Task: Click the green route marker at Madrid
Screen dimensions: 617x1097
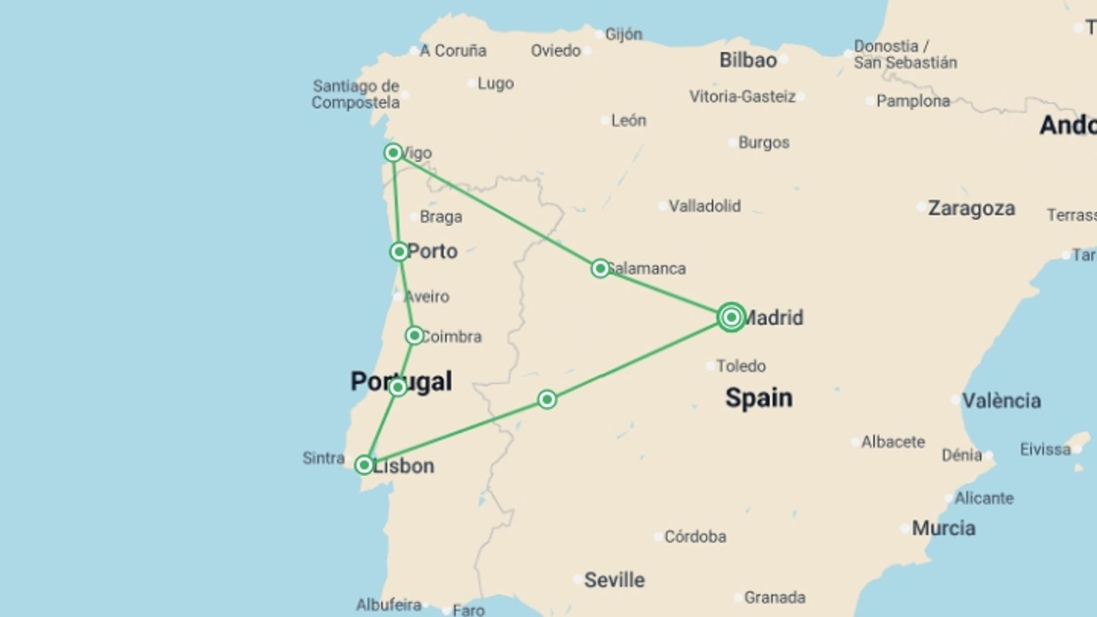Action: point(731,317)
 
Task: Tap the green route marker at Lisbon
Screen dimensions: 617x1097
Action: point(364,465)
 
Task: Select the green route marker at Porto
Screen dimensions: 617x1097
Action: point(399,251)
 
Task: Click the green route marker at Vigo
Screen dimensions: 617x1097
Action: point(393,153)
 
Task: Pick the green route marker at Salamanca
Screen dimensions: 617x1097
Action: point(600,268)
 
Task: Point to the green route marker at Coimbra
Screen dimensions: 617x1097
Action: point(414,335)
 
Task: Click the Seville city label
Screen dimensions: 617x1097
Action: point(614,580)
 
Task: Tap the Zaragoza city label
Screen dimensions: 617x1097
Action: point(971,209)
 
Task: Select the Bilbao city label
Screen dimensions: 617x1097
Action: point(748,60)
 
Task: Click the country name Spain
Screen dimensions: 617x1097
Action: point(759,398)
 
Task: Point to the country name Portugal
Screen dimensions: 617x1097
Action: point(401,381)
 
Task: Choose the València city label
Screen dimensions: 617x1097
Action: point(1001,400)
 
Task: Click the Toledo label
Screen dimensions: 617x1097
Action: point(741,366)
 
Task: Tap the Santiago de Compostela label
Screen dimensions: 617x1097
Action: point(355,94)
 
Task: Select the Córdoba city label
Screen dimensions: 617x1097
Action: point(695,536)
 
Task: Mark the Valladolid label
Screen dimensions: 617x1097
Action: point(704,206)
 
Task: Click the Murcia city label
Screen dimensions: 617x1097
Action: point(943,528)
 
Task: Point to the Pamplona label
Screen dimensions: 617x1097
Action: point(913,101)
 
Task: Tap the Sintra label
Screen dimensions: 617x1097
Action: point(323,458)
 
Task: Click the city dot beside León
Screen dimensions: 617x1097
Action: point(605,121)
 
